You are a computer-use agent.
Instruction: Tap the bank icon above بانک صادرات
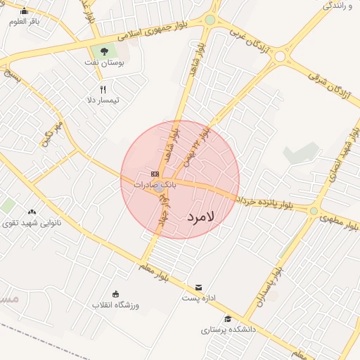(x=155, y=174)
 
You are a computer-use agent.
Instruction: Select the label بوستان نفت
(x=107, y=63)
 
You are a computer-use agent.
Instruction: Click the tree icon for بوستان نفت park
(x=105, y=51)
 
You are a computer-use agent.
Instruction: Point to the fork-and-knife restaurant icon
(x=103, y=89)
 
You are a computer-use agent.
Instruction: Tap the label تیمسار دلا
(x=103, y=101)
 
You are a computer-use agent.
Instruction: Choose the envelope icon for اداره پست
(x=199, y=288)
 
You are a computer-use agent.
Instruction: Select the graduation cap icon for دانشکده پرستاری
(x=227, y=319)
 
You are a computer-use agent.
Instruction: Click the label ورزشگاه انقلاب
(x=116, y=305)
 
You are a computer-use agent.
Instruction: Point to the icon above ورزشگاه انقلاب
(x=116, y=294)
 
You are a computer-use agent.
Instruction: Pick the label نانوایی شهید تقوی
(x=32, y=223)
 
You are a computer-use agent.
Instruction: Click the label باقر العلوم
(x=25, y=22)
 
